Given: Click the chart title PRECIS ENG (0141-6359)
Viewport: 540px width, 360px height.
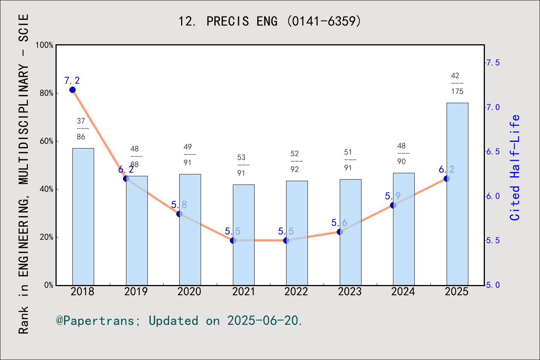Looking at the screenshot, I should click(270, 21).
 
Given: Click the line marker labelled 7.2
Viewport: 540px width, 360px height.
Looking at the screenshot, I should click(72, 90).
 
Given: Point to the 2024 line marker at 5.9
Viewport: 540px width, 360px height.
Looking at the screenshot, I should click(393, 205).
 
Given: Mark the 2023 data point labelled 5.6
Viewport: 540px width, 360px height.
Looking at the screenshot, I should click(340, 232).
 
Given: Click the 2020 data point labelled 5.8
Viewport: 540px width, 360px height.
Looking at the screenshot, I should click(179, 214).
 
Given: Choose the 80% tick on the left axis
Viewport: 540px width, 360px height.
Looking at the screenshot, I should click(46, 93).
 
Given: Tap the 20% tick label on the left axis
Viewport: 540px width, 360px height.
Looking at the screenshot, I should click(46, 237).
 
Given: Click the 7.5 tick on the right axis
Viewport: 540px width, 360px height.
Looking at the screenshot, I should click(493, 63).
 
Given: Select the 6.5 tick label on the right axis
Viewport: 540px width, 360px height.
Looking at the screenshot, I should click(493, 152).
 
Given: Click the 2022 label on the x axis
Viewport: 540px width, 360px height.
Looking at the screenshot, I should click(296, 292).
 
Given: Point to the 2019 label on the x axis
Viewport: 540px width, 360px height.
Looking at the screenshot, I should click(136, 292).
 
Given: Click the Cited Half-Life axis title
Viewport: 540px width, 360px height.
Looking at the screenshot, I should click(515, 167).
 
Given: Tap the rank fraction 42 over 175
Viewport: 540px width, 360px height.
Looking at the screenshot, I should click(457, 84).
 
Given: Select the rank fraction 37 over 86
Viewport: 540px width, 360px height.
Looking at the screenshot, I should click(81, 129).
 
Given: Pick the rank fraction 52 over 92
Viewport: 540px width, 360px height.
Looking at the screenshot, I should click(295, 162).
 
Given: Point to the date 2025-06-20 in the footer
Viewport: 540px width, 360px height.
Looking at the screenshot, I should click(262, 321).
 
